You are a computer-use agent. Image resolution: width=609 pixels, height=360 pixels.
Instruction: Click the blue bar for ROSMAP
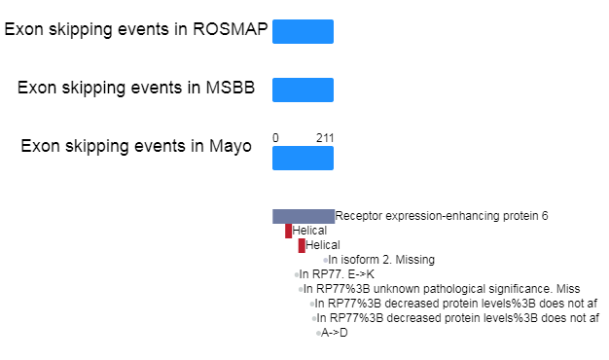click(x=303, y=31)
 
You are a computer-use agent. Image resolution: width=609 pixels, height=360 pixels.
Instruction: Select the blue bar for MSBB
click(x=303, y=90)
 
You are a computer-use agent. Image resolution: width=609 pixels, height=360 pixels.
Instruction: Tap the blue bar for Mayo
click(x=303, y=158)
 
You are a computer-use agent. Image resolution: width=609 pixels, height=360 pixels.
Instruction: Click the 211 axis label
click(x=325, y=138)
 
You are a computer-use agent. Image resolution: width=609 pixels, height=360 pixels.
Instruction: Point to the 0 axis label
click(x=275, y=138)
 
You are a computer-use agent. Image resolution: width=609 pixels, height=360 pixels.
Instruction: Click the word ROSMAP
click(x=231, y=29)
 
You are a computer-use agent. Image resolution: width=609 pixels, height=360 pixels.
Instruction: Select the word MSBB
click(x=231, y=88)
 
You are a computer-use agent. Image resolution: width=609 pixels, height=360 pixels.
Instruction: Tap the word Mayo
click(x=231, y=146)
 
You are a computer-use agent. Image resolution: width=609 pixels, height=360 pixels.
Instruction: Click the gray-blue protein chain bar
click(x=304, y=216)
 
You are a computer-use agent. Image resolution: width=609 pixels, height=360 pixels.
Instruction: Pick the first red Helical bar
click(x=288, y=231)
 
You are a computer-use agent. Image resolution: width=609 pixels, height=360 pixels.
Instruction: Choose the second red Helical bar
click(x=302, y=245)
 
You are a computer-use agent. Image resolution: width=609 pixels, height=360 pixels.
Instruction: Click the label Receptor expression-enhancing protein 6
click(x=442, y=216)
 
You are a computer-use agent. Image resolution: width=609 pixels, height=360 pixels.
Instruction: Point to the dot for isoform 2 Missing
click(x=326, y=260)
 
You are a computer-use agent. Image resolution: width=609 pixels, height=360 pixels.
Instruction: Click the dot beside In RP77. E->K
click(x=297, y=274)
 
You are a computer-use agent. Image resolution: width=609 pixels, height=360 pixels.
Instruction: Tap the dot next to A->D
click(x=318, y=333)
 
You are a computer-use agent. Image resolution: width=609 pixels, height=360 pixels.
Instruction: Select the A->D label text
click(x=335, y=333)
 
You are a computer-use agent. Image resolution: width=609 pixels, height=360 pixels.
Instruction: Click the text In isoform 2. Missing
click(x=381, y=260)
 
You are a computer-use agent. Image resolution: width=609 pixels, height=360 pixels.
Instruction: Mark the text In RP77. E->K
click(x=337, y=274)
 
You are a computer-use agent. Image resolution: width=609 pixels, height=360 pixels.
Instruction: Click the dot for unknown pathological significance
click(x=301, y=289)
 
